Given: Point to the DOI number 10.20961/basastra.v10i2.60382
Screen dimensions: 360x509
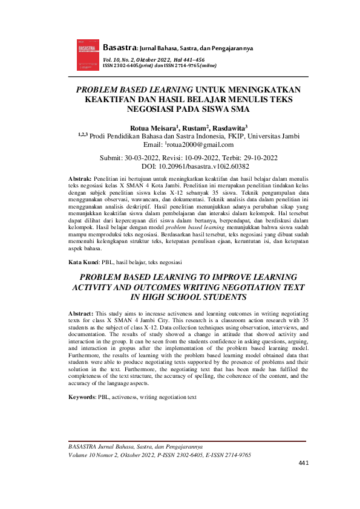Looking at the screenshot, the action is (x=203, y=166).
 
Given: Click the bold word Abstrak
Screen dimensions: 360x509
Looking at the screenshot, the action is (x=80, y=180).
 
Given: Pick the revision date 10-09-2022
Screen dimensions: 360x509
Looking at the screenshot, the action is (x=203, y=157).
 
